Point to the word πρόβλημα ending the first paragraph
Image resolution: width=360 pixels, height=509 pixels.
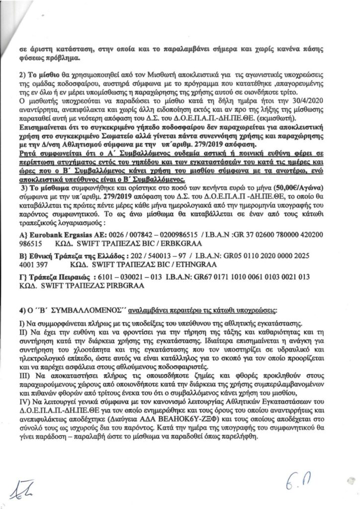click(x=60, y=58)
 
